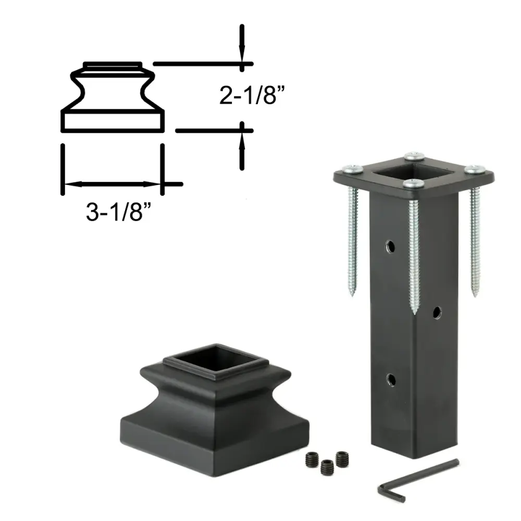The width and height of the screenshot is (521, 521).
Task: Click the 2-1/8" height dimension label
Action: click(x=252, y=95)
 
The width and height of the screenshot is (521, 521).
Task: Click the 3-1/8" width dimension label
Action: click(x=119, y=212)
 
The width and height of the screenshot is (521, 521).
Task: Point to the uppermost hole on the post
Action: click(x=390, y=246)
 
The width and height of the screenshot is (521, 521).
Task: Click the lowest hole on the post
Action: click(x=391, y=379)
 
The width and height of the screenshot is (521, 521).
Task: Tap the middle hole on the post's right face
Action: click(x=437, y=313)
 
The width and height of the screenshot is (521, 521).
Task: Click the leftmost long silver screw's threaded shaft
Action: click(x=352, y=241)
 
